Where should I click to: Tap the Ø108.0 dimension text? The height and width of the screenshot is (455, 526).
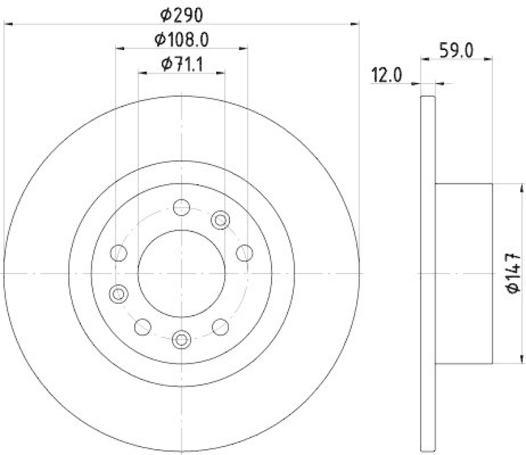pos(181,40)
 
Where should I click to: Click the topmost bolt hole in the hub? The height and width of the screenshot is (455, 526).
pos(181,208)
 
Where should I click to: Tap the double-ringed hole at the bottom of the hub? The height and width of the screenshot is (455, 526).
pos(181,339)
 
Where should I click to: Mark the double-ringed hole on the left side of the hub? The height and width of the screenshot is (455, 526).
pos(119,294)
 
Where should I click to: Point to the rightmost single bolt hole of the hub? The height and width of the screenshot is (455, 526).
pos(244,252)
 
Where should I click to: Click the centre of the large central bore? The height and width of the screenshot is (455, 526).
pos(181,273)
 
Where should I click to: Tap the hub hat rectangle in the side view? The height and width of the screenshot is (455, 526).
pos(464,273)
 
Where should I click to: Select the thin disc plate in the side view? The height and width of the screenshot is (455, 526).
pos(427,273)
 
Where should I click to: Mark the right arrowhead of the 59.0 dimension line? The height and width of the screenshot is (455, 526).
pos(489,60)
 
